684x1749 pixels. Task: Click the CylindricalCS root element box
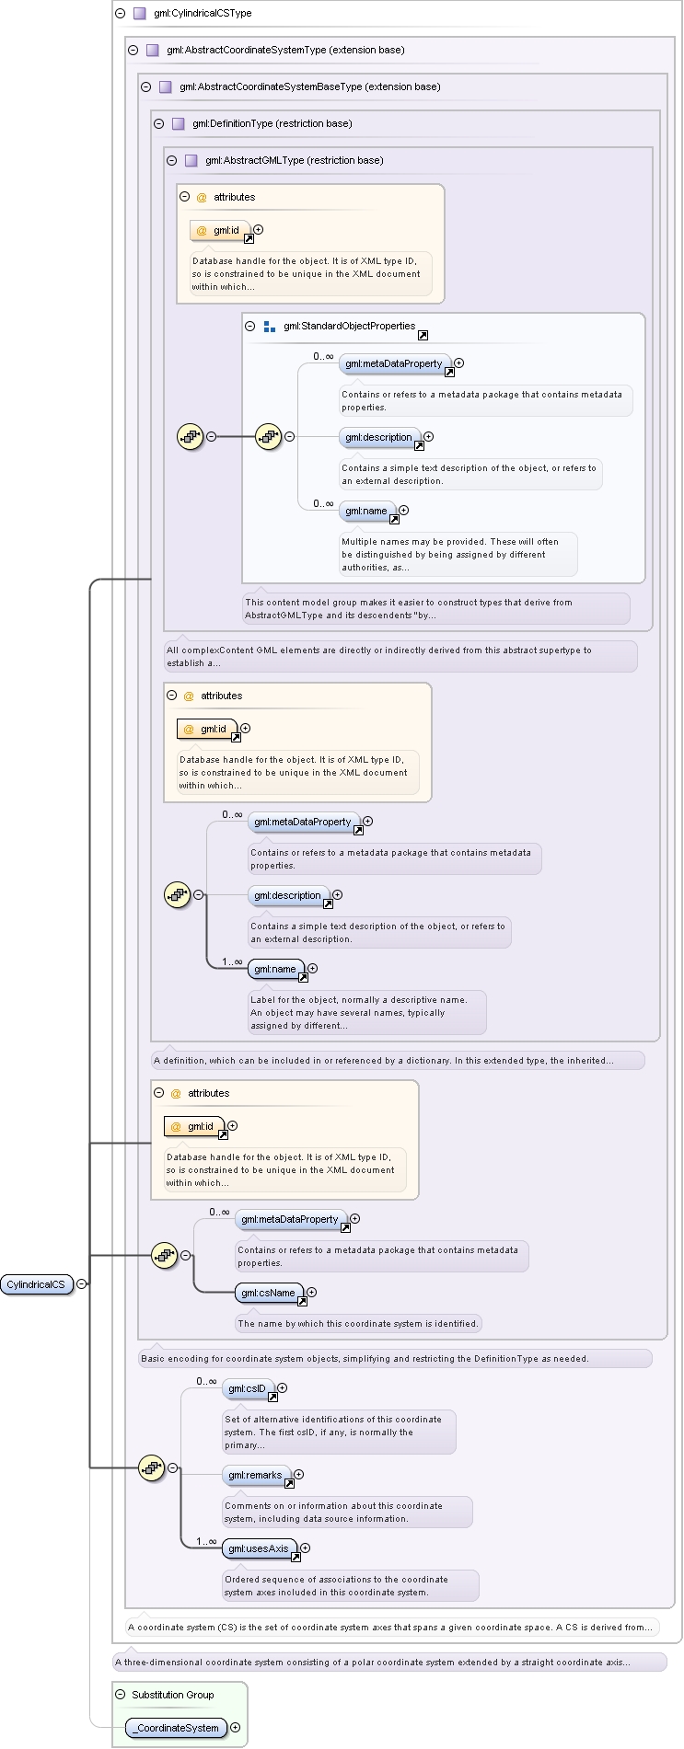pyautogui.click(x=37, y=1283)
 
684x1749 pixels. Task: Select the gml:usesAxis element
pyautogui.click(x=260, y=1548)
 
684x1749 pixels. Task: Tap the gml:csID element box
pyautogui.click(x=248, y=1388)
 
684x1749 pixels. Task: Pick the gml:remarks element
pyautogui.click(x=256, y=1475)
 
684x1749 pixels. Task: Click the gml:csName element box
pyautogui.click(x=269, y=1293)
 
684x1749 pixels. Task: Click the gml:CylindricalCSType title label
pyautogui.click(x=203, y=14)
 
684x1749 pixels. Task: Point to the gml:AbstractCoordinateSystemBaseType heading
pyautogui.click(x=310, y=87)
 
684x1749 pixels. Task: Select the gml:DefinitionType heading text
pyautogui.click(x=272, y=124)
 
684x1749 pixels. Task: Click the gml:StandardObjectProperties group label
pyautogui.click(x=350, y=327)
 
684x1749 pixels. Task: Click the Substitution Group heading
pyautogui.click(x=173, y=1695)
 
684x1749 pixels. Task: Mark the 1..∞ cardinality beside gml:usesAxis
pyautogui.click(x=206, y=1541)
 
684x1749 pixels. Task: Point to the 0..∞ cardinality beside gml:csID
pyautogui.click(x=206, y=1381)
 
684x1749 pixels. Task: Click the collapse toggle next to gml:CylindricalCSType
pyautogui.click(x=121, y=14)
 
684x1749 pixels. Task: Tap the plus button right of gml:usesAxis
pyautogui.click(x=306, y=1548)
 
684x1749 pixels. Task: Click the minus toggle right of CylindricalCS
pyautogui.click(x=82, y=1283)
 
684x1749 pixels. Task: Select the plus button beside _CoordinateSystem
pyautogui.click(x=236, y=1728)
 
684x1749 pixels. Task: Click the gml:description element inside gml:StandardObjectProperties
pyautogui.click(x=380, y=437)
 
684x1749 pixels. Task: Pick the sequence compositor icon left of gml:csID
pyautogui.click(x=151, y=1467)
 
